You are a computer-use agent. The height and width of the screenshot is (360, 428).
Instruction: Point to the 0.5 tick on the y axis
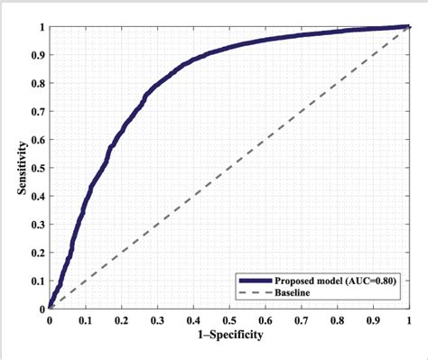[49, 168]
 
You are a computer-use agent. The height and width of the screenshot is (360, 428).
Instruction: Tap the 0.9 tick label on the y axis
[36, 55]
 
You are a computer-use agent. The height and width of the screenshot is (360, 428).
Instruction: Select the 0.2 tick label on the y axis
[36, 252]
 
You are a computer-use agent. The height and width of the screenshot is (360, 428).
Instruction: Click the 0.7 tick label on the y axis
[36, 111]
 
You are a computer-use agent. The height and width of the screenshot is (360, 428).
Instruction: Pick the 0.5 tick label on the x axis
[229, 320]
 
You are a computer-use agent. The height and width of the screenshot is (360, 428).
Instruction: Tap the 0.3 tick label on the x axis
[157, 320]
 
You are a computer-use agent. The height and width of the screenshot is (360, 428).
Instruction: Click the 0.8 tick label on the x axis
[338, 320]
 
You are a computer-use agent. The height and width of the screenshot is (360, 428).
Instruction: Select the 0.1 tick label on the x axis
[85, 320]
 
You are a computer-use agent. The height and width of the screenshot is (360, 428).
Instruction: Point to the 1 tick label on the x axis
[409, 320]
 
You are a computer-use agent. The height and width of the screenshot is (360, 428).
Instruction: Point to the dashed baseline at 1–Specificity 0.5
[229, 168]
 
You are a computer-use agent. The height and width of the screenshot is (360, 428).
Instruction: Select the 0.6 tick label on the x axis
[265, 320]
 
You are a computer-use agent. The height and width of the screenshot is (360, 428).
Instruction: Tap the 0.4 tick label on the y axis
[36, 196]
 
